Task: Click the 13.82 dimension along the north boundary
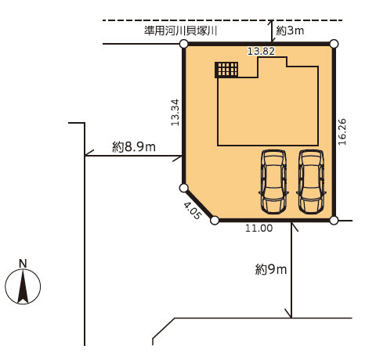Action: tap(261, 51)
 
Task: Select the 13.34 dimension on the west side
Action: tap(175, 112)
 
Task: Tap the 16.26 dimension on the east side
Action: tap(342, 131)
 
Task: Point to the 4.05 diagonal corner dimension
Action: tap(193, 211)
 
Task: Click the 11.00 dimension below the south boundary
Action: tap(258, 229)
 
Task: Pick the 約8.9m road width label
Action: tap(134, 147)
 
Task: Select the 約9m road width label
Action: tap(271, 269)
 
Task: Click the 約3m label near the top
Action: tap(290, 31)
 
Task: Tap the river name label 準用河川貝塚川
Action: tap(181, 31)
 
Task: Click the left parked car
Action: tap(273, 182)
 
